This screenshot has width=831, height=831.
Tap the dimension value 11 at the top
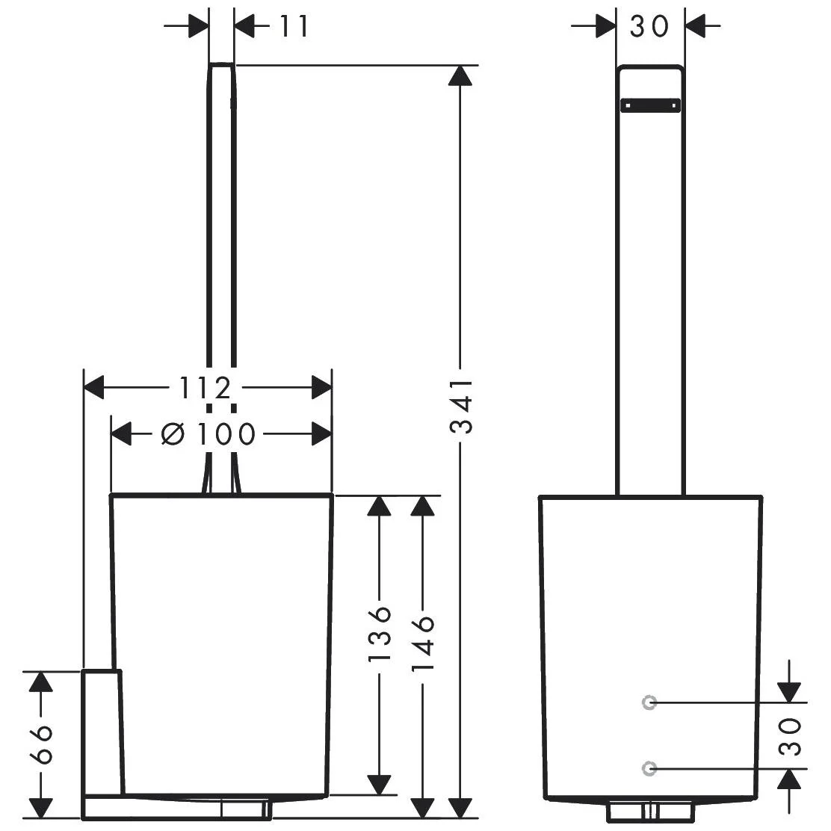(293, 26)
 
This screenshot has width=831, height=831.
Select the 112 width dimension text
(205, 388)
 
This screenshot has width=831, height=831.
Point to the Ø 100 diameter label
(208, 435)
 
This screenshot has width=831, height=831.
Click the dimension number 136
(380, 634)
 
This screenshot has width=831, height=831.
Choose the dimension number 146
(424, 643)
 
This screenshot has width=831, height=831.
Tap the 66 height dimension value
(41, 744)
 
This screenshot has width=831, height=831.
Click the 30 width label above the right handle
(649, 26)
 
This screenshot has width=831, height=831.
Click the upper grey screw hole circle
(649, 702)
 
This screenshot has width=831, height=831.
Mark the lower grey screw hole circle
(649, 768)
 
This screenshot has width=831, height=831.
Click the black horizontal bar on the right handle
(650, 105)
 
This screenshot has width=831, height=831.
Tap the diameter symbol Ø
(173, 435)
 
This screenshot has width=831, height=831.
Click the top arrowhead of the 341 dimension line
(460, 75)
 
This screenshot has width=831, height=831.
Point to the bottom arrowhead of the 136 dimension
(380, 785)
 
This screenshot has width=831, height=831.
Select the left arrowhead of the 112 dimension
(94, 388)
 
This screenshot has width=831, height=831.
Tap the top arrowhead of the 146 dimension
(423, 506)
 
